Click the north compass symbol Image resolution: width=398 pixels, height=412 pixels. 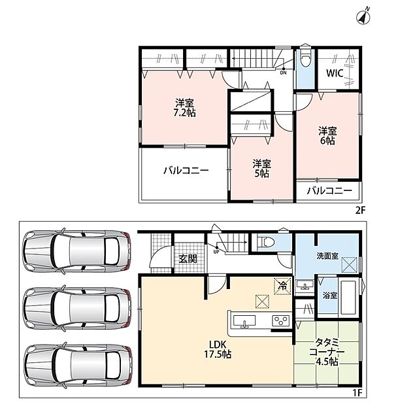click(x=363, y=17)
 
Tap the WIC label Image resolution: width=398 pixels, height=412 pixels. click(x=335, y=73)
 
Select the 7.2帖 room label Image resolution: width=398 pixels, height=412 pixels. click(x=184, y=108)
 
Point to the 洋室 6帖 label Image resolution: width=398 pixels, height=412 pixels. click(x=327, y=135)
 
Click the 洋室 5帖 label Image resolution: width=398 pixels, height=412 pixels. click(x=262, y=169)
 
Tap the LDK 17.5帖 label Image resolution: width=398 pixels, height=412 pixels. click(x=218, y=349)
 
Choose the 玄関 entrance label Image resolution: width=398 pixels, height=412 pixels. click(x=188, y=259)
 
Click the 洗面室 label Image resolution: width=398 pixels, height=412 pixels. click(x=327, y=256)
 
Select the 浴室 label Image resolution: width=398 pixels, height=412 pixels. click(x=330, y=296)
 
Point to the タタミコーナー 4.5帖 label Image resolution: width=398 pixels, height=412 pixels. click(x=327, y=352)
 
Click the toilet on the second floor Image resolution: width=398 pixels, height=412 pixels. click(x=305, y=58)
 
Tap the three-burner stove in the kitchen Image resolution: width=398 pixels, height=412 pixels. click(x=280, y=320)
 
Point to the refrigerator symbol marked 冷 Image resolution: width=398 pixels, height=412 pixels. click(x=282, y=286)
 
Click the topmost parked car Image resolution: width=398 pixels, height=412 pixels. click(x=76, y=250)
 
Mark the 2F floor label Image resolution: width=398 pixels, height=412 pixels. click(x=360, y=211)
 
